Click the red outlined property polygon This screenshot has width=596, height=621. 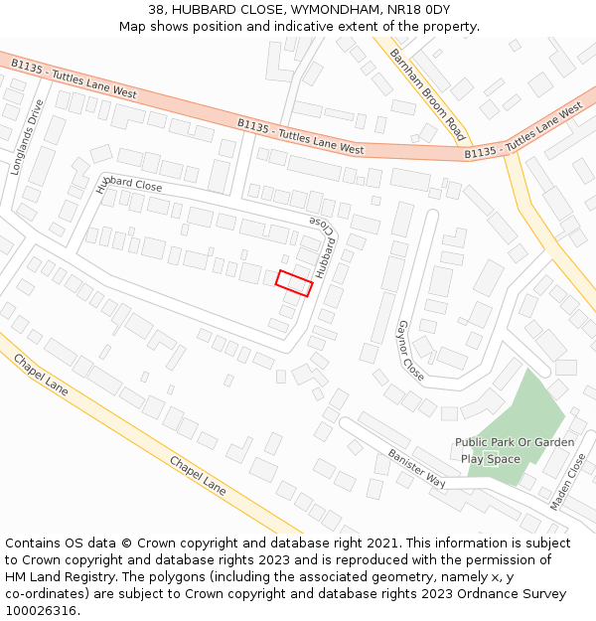click(x=294, y=283)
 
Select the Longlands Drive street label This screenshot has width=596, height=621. click(x=27, y=137)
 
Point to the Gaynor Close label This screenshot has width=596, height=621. click(x=410, y=351)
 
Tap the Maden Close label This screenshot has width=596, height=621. click(x=568, y=482)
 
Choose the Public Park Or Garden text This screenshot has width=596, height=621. click(x=515, y=442)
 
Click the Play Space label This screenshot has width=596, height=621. click(x=491, y=459)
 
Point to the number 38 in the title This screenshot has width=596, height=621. click(x=156, y=10)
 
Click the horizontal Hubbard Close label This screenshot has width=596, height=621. click(x=129, y=181)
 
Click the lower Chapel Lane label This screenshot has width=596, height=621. click(x=197, y=476)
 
